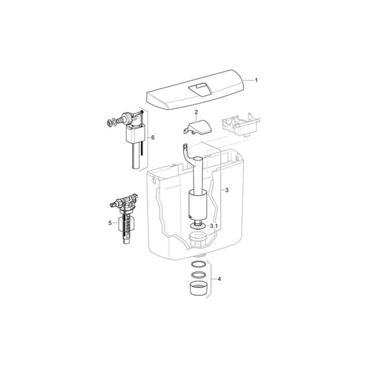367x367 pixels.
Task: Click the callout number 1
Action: (256, 80)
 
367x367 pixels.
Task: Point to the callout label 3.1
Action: (214, 226)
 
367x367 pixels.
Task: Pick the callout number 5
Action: (110, 223)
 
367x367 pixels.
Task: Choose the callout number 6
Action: (153, 138)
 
